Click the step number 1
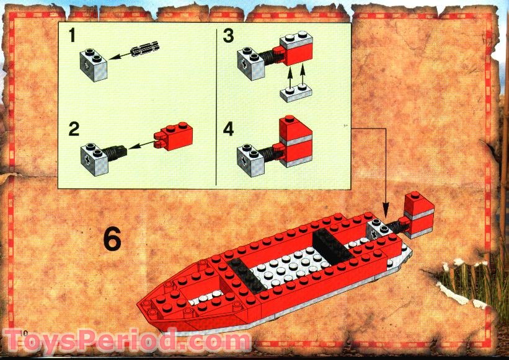(73, 36)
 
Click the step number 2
(74, 130)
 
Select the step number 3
(228, 36)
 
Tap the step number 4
(229, 131)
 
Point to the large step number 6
(112, 239)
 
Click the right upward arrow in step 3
(303, 74)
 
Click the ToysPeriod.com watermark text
(127, 341)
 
